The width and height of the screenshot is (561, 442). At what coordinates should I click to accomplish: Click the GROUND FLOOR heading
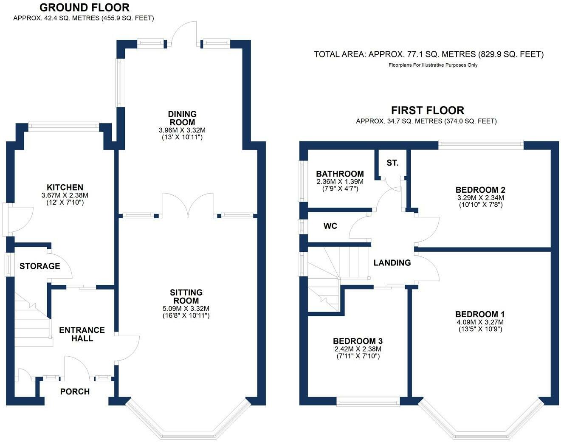(85, 8)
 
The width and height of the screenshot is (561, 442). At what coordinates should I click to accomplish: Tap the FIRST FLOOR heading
(428, 110)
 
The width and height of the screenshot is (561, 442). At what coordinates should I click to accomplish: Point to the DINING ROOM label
(182, 118)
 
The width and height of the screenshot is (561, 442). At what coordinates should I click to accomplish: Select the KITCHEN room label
(65, 187)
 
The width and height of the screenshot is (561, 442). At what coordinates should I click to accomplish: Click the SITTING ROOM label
(186, 296)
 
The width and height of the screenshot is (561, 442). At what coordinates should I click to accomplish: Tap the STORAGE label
(40, 266)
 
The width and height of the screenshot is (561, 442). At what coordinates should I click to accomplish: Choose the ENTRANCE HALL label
(82, 334)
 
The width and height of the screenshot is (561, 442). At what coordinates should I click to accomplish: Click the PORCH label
(75, 391)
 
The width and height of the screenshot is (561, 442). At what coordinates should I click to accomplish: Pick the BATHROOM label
(340, 174)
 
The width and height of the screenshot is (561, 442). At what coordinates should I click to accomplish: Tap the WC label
(330, 226)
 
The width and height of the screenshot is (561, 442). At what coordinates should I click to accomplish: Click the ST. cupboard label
(392, 163)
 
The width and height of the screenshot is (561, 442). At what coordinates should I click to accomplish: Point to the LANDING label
(392, 263)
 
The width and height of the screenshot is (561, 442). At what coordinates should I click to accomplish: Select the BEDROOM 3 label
(358, 341)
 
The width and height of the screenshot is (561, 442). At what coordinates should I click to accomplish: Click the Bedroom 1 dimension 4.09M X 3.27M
(480, 322)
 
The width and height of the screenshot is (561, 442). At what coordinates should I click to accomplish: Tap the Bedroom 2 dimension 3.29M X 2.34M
(480, 197)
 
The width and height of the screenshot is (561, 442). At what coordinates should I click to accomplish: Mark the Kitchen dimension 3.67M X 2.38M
(65, 195)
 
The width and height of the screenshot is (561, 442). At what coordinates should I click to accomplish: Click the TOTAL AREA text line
(429, 54)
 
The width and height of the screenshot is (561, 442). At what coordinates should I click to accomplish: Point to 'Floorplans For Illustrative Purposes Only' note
(433, 65)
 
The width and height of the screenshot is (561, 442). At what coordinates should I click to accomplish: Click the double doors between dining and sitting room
(188, 206)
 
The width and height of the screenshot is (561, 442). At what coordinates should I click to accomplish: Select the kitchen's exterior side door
(18, 220)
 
